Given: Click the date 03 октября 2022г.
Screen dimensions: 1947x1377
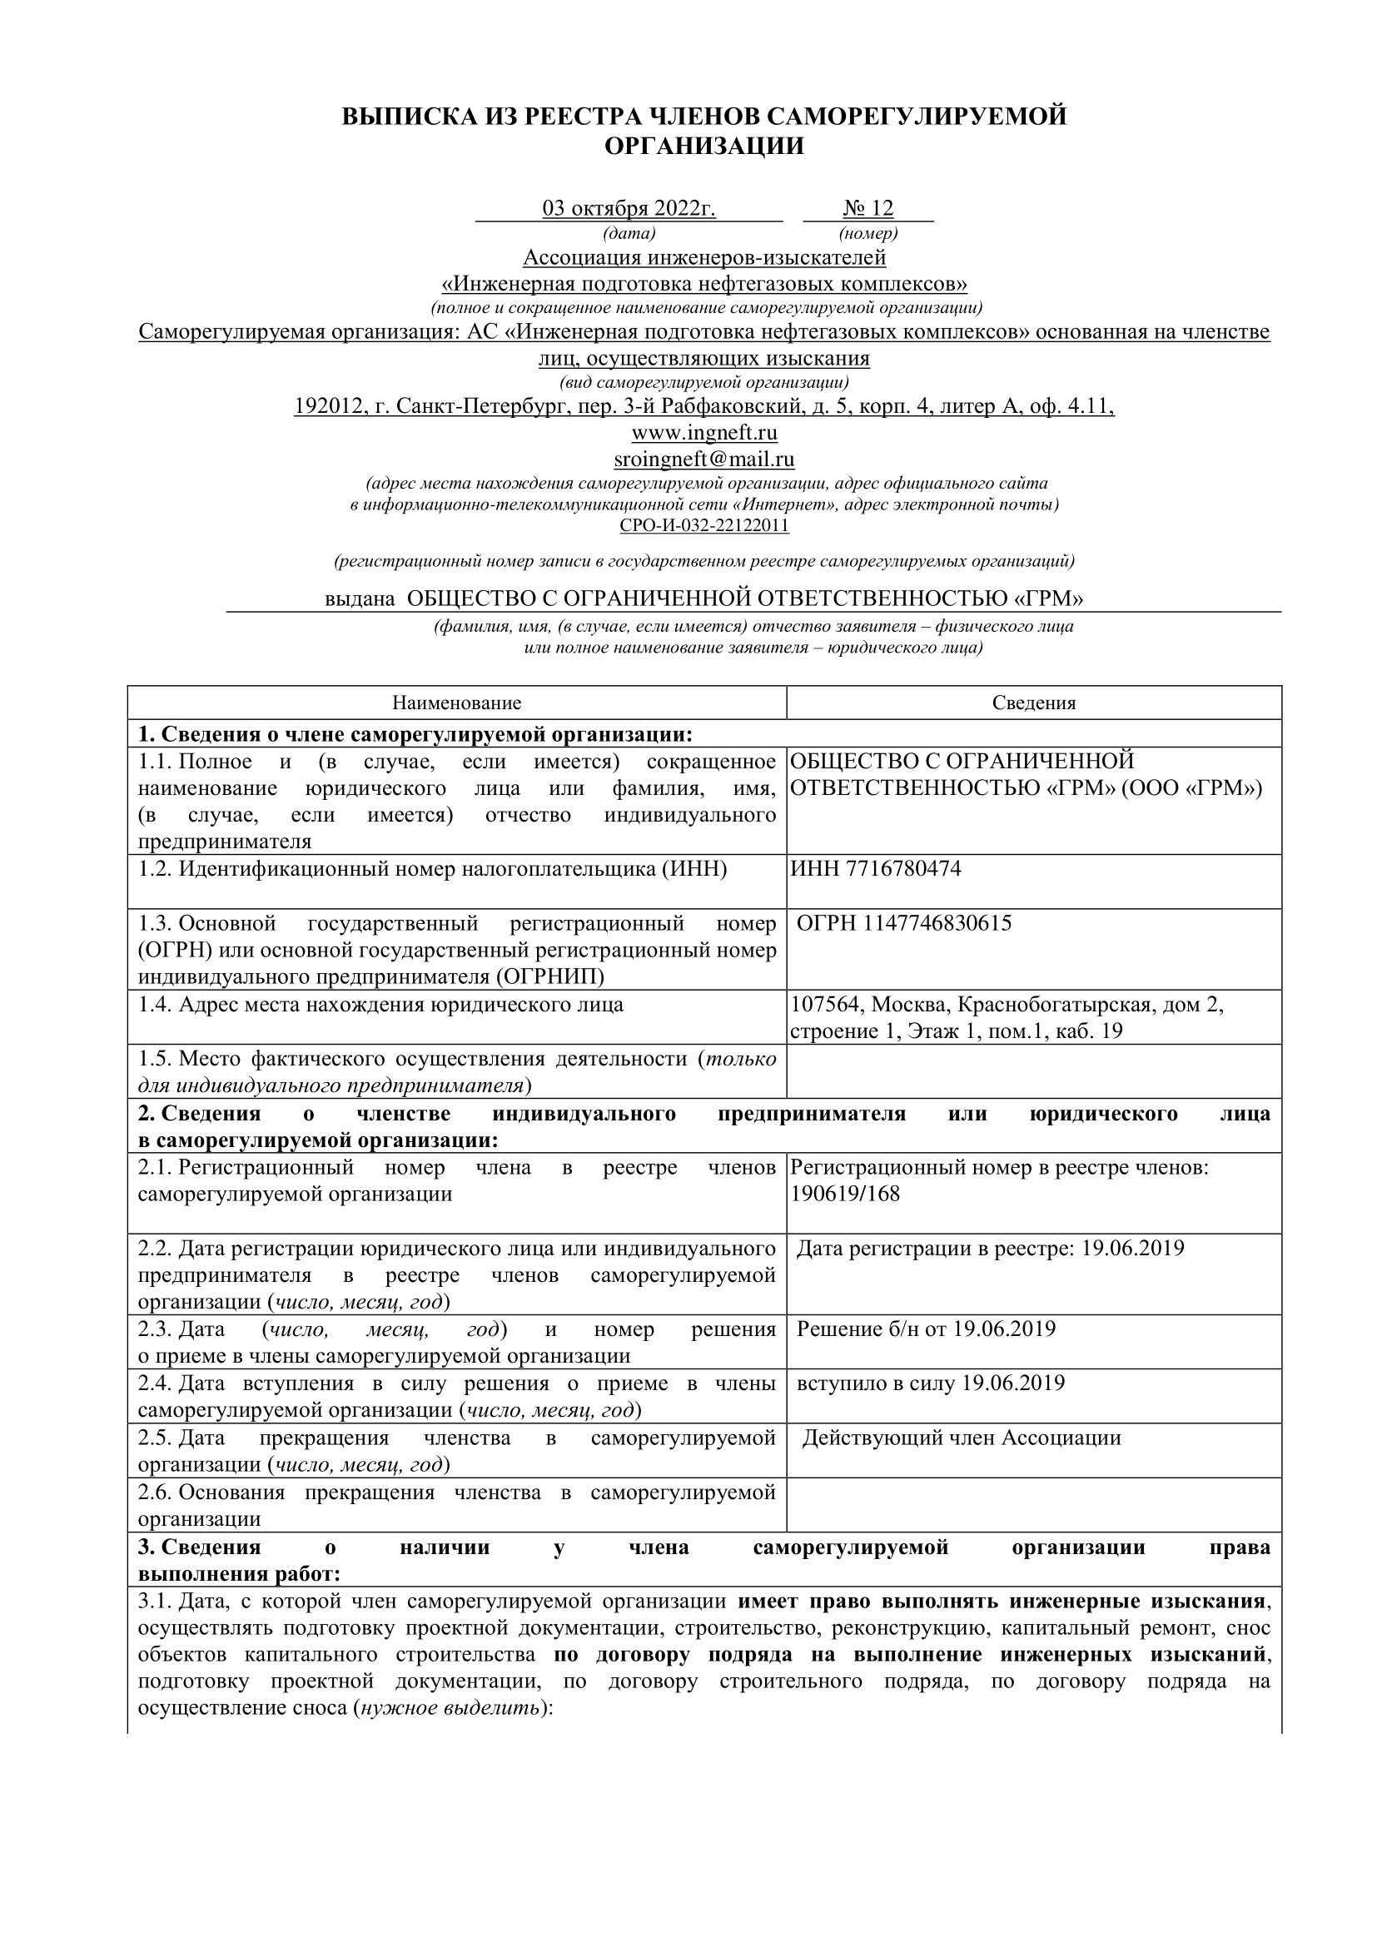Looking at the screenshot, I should (629, 209).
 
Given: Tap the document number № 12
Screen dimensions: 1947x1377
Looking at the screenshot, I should (867, 209).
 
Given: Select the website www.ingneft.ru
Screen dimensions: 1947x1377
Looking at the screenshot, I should (703, 434).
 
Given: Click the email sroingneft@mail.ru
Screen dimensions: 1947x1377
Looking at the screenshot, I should (703, 459).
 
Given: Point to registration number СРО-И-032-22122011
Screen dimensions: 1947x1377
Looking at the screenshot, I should (703, 526).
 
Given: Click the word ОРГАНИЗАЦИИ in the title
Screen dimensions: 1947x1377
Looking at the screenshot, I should (703, 147).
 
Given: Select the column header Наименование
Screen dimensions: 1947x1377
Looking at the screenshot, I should (456, 703).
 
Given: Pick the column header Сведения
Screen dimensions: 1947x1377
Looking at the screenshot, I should (1034, 703).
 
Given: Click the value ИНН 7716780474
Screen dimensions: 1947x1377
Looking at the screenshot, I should (876, 869).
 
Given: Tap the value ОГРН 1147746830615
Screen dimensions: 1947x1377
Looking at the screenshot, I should (904, 923).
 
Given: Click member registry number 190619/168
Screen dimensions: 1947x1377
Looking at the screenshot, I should (844, 1194).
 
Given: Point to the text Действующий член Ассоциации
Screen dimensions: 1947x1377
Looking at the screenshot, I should (961, 1438).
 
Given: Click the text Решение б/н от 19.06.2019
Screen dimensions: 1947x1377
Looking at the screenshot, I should (926, 1329).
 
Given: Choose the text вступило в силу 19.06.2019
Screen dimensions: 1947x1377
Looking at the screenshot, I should (930, 1384).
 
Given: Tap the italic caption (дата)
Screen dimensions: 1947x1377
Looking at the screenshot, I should (629, 233).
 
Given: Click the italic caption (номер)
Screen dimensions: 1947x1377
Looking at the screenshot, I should (867, 233).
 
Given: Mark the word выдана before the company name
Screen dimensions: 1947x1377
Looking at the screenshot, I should (360, 599).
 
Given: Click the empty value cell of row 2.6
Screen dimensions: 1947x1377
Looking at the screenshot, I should (1034, 1505).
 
